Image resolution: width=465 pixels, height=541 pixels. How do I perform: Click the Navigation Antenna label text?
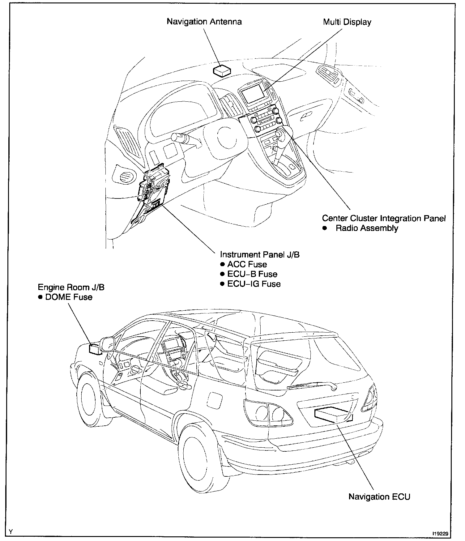tap(204, 22)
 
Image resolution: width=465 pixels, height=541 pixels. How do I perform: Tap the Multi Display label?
tap(347, 22)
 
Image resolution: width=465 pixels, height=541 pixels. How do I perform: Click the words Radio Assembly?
tap(367, 228)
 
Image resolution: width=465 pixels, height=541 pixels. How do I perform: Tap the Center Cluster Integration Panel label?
tap(384, 219)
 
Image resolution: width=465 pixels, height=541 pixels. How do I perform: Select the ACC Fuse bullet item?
tap(247, 265)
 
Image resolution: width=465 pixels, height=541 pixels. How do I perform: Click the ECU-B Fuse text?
tap(252, 275)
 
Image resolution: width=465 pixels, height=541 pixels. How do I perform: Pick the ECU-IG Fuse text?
tap(254, 284)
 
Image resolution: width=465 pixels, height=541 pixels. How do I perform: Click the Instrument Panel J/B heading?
tap(260, 255)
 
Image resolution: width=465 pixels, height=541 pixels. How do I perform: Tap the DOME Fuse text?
tap(69, 297)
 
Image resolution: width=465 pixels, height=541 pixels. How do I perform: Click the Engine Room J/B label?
tap(71, 288)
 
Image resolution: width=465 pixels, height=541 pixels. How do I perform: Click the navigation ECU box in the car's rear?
tap(333, 414)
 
